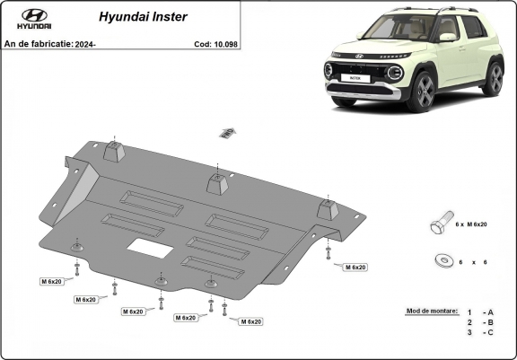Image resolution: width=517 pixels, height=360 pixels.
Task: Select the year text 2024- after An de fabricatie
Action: [84, 43]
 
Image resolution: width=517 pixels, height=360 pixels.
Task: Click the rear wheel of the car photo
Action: [494, 78]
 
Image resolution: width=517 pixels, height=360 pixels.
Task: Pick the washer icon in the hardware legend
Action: [443, 259]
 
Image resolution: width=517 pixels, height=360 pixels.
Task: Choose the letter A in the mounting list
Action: [491, 311]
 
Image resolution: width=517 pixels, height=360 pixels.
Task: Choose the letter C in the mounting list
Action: [491, 332]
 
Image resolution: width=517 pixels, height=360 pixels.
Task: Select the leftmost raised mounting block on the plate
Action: [113, 150]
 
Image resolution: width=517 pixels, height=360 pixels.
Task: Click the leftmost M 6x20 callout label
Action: [51, 282]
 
